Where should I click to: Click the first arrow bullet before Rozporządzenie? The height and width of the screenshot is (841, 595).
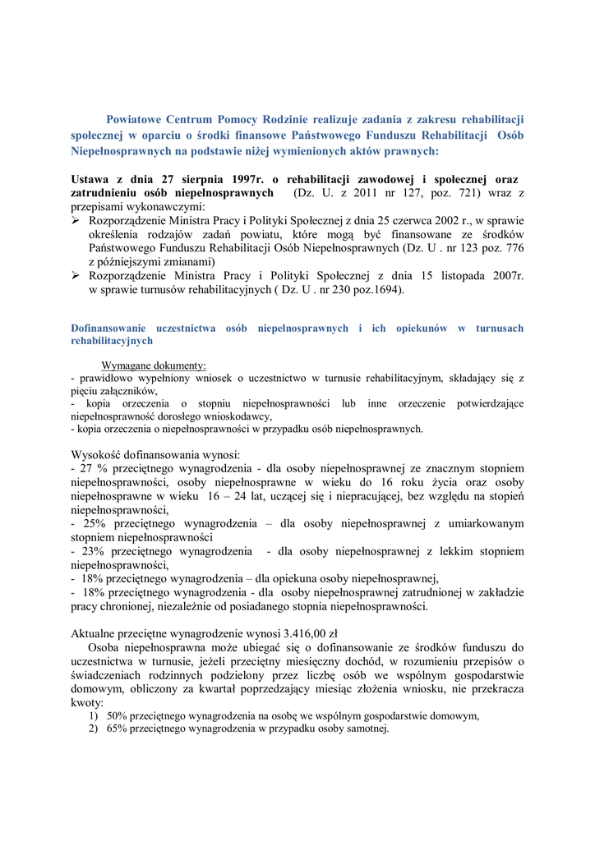click(76, 221)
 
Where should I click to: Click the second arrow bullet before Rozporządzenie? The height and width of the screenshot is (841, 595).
click(76, 277)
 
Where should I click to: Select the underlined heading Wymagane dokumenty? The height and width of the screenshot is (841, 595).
click(154, 365)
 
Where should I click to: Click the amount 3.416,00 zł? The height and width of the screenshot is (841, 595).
click(311, 633)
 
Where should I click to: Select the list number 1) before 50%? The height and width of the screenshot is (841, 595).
click(94, 715)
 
